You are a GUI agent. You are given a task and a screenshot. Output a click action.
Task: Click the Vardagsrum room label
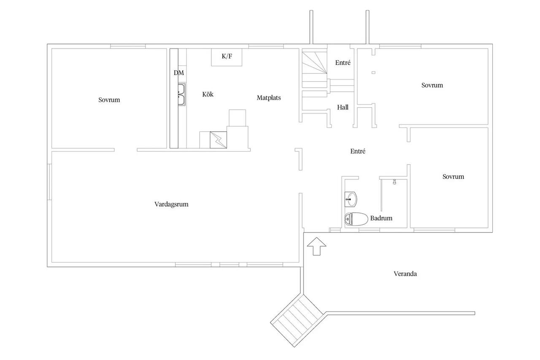[x=171, y=204]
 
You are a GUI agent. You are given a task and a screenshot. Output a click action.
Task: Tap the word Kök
[x=208, y=94]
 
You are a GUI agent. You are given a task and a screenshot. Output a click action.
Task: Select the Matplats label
[x=269, y=97]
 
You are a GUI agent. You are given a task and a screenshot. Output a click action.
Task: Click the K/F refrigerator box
[x=227, y=57]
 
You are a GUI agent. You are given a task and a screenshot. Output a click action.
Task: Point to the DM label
[x=179, y=73]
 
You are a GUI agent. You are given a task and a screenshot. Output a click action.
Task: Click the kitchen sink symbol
[x=182, y=95]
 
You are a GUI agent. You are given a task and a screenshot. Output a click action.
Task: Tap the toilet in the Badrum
[x=356, y=219]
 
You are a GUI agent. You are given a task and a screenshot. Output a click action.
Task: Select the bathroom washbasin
[x=351, y=199]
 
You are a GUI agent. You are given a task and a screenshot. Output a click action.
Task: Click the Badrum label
[x=381, y=218]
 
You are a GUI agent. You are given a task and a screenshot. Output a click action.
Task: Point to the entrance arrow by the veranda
[x=316, y=246]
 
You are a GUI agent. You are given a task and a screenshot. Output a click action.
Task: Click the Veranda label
[x=405, y=274]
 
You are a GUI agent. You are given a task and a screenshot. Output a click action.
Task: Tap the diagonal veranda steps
[x=297, y=320]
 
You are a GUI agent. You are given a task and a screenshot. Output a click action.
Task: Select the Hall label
[x=343, y=107]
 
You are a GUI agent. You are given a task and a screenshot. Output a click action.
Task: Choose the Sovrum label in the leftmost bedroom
[x=109, y=100]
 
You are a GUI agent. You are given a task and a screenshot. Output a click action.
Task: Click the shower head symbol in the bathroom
[x=394, y=182]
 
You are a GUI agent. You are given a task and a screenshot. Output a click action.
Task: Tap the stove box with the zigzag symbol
[x=219, y=140]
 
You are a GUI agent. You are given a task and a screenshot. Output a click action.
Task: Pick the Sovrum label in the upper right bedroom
[x=432, y=85]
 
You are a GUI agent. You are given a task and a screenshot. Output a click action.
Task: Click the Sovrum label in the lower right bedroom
[x=453, y=176]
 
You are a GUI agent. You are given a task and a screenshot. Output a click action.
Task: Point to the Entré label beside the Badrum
[x=358, y=151]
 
